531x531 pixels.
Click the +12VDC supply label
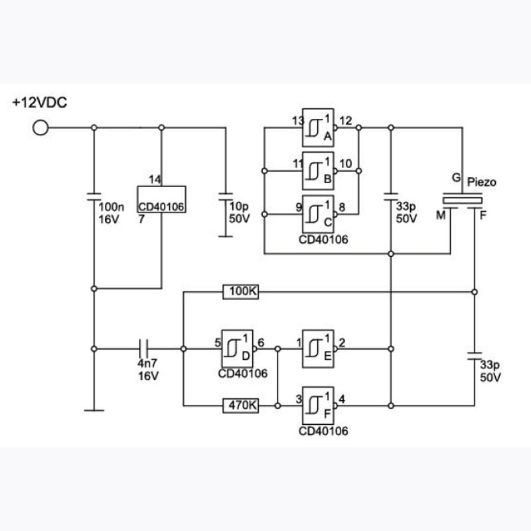pos(40,103)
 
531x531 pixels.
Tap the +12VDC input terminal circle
pos(40,127)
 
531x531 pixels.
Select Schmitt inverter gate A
pos(318,127)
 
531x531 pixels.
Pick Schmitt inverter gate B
pos(318,171)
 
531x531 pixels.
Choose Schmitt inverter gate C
pos(318,214)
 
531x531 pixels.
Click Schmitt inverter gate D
pos(237,349)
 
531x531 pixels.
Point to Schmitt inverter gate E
pos(318,349)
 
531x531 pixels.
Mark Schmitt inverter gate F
pos(318,406)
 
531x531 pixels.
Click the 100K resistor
pos(241,291)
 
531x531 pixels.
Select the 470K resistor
pos(241,406)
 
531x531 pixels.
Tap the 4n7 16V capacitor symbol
pos(144,349)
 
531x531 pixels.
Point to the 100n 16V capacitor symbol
pos(94,196)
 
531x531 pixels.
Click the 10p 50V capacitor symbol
pos(226,196)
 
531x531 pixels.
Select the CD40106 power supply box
pos(161,200)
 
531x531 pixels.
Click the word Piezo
pos(482,182)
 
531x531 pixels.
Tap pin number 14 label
pos(155,179)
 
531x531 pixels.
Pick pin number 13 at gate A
pos(298,121)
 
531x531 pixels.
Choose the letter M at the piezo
pos(441,214)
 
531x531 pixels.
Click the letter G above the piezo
pos(457,177)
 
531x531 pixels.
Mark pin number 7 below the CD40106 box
pos(141,219)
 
